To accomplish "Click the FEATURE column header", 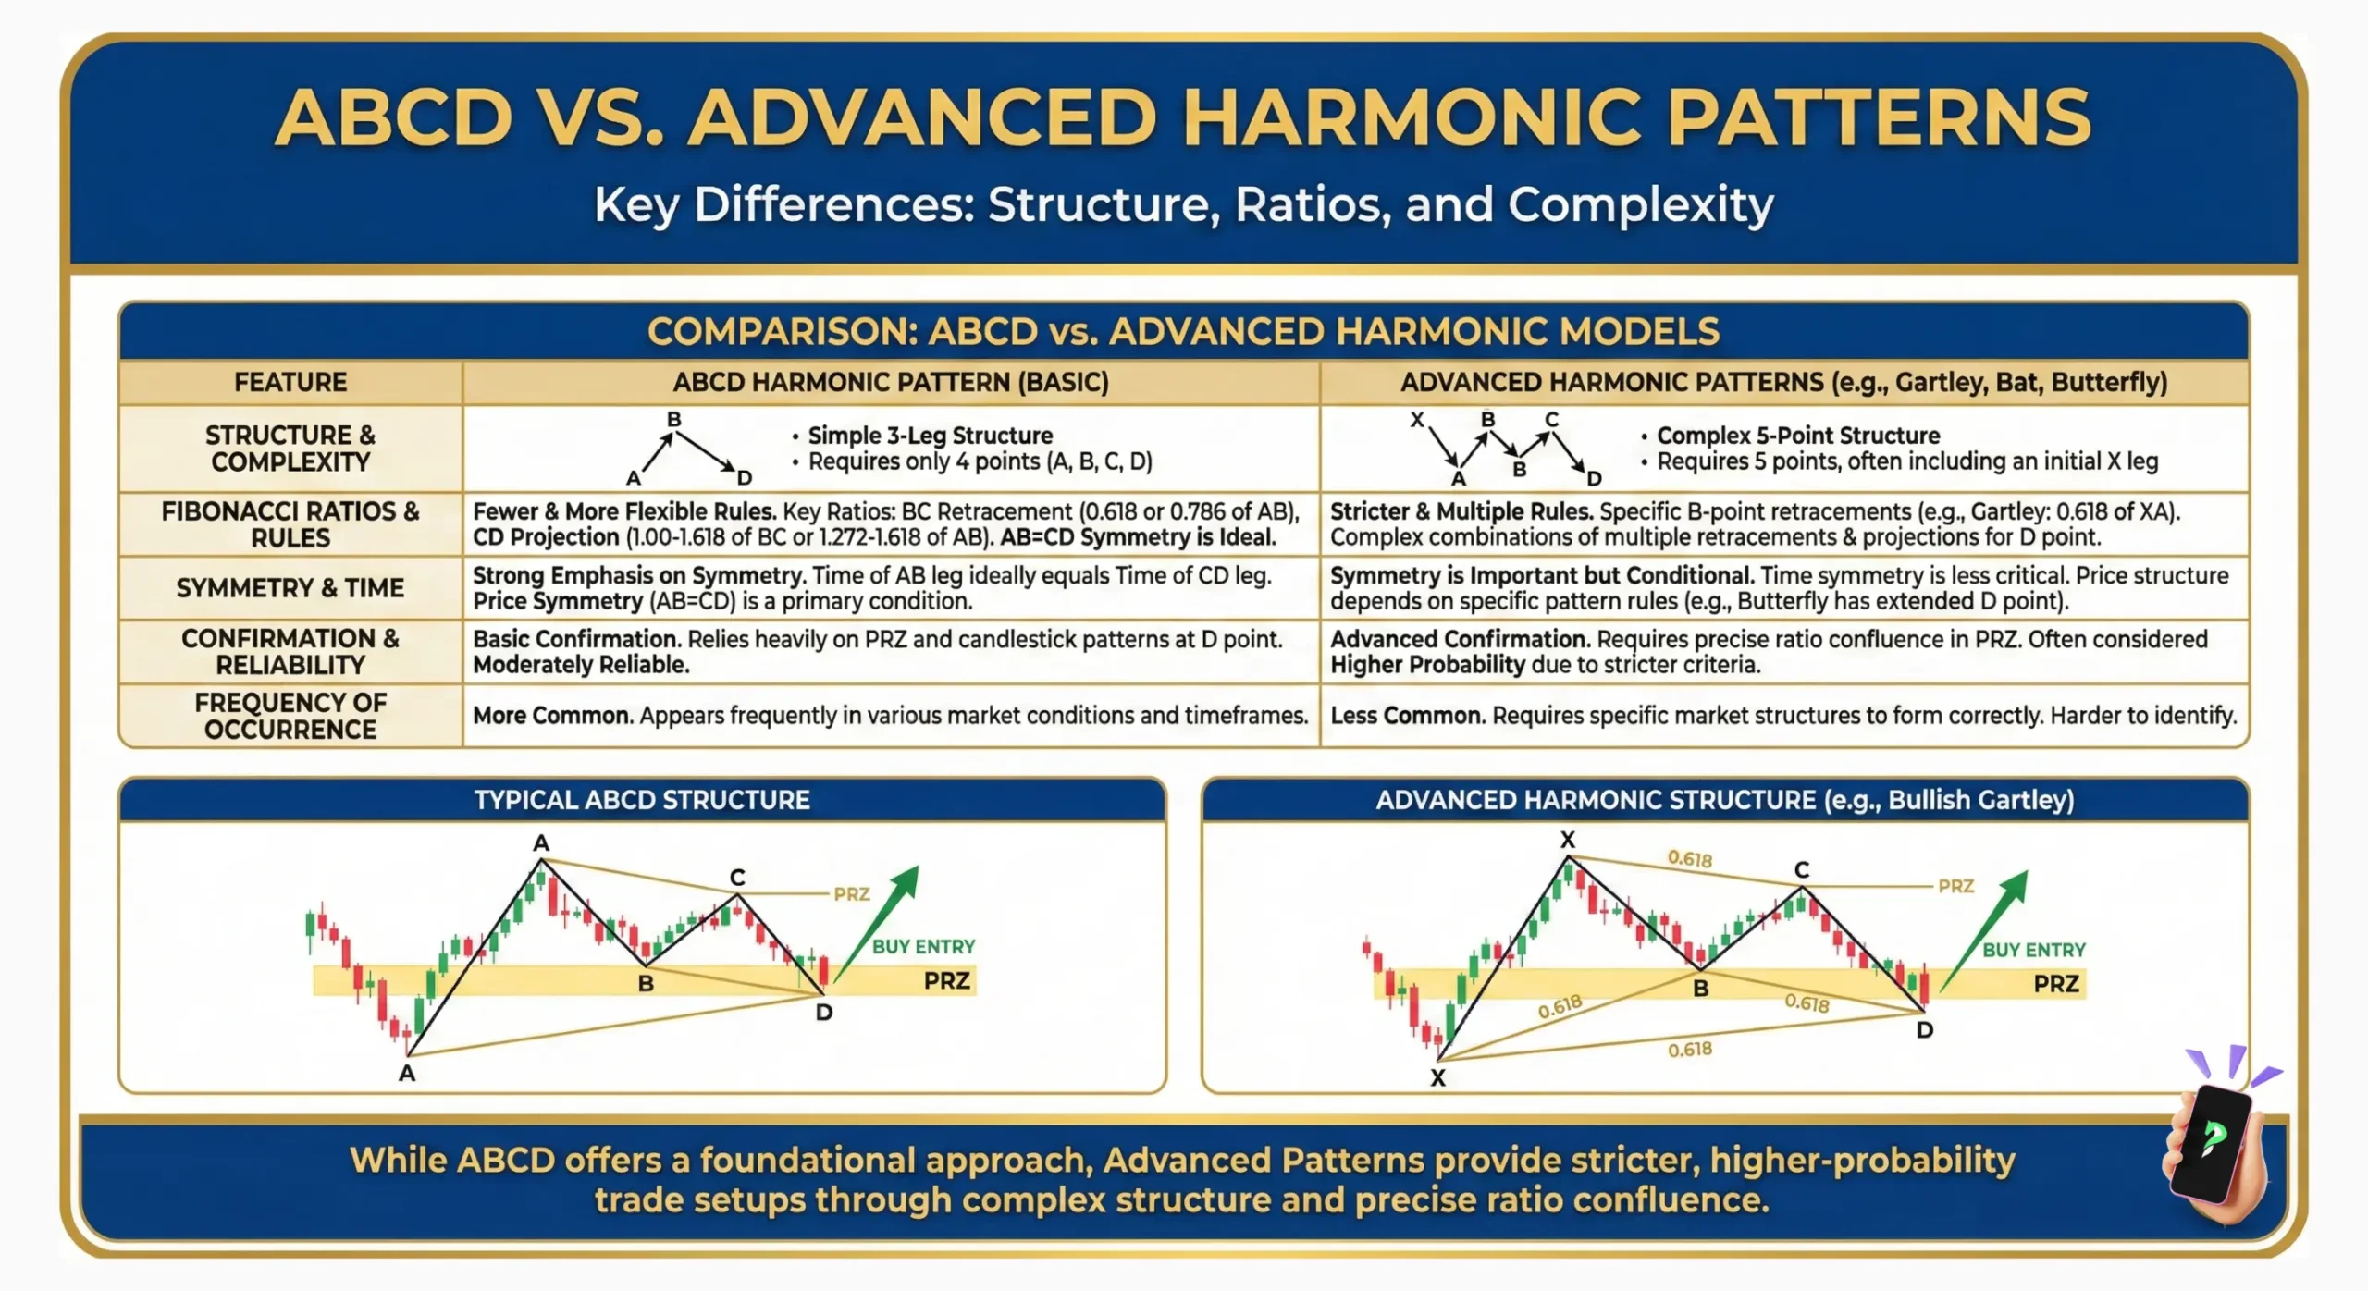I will [290, 382].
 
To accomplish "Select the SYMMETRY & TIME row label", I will [290, 588].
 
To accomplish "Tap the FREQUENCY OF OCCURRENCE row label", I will [290, 716].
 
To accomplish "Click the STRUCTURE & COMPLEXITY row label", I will [290, 449].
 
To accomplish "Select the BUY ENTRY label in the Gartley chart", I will [2034, 950].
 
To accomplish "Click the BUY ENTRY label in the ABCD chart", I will [923, 946].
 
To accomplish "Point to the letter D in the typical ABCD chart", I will [824, 1013].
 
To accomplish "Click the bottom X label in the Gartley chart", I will [1437, 1077].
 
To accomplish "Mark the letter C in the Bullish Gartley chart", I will [1802, 869].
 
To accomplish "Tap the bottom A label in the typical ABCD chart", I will [407, 1074].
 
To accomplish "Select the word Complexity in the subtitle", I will [1641, 204].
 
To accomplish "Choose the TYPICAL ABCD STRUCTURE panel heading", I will [642, 800].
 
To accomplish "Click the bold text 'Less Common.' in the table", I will [1407, 716].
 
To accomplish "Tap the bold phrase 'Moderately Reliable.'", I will [581, 665].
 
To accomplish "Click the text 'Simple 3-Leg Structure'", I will [930, 436].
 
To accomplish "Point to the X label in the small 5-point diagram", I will [1416, 420].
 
